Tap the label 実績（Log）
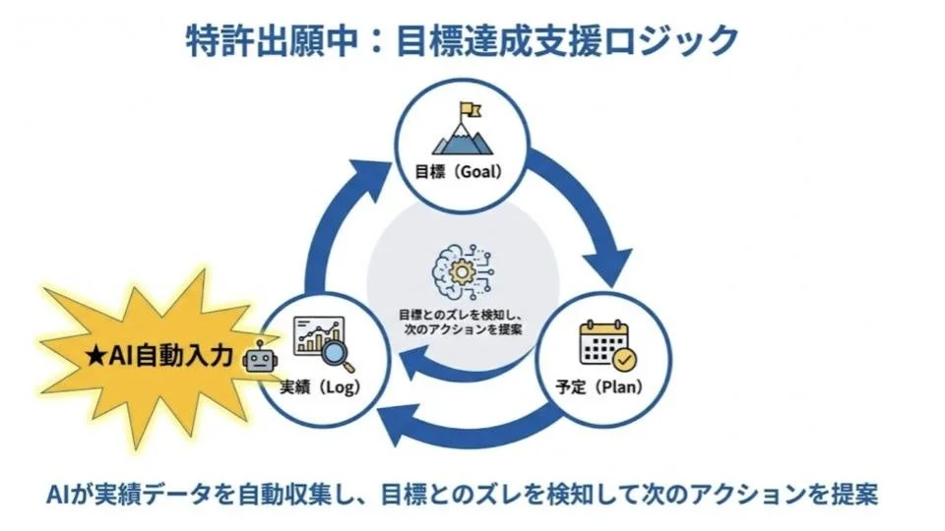pyautogui.click(x=317, y=386)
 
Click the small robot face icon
pyautogui.click(x=261, y=360)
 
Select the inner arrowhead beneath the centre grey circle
pyautogui.click(x=421, y=366)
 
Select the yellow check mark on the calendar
pyautogui.click(x=623, y=359)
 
